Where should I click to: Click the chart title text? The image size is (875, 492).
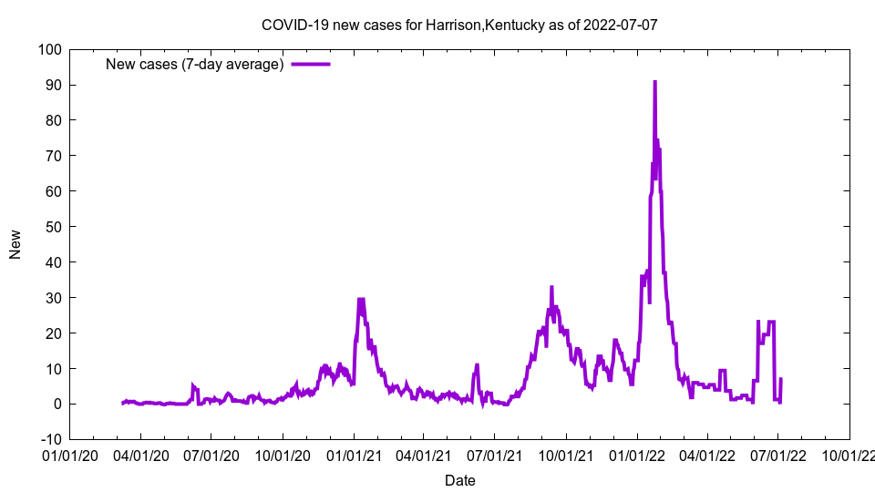459,25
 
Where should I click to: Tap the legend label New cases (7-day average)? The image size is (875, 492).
195,64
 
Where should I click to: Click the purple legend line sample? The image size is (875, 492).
311,64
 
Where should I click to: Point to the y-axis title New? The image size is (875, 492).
15,244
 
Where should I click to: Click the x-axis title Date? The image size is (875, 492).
459,480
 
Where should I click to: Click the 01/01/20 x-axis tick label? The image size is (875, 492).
69,455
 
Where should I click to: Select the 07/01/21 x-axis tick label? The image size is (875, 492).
494,455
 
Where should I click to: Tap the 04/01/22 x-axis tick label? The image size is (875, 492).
706,455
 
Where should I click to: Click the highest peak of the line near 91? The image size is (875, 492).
654,82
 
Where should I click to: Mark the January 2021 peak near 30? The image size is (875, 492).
361,299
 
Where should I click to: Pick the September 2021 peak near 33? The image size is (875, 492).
551,287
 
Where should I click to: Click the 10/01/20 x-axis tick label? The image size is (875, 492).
282,455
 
